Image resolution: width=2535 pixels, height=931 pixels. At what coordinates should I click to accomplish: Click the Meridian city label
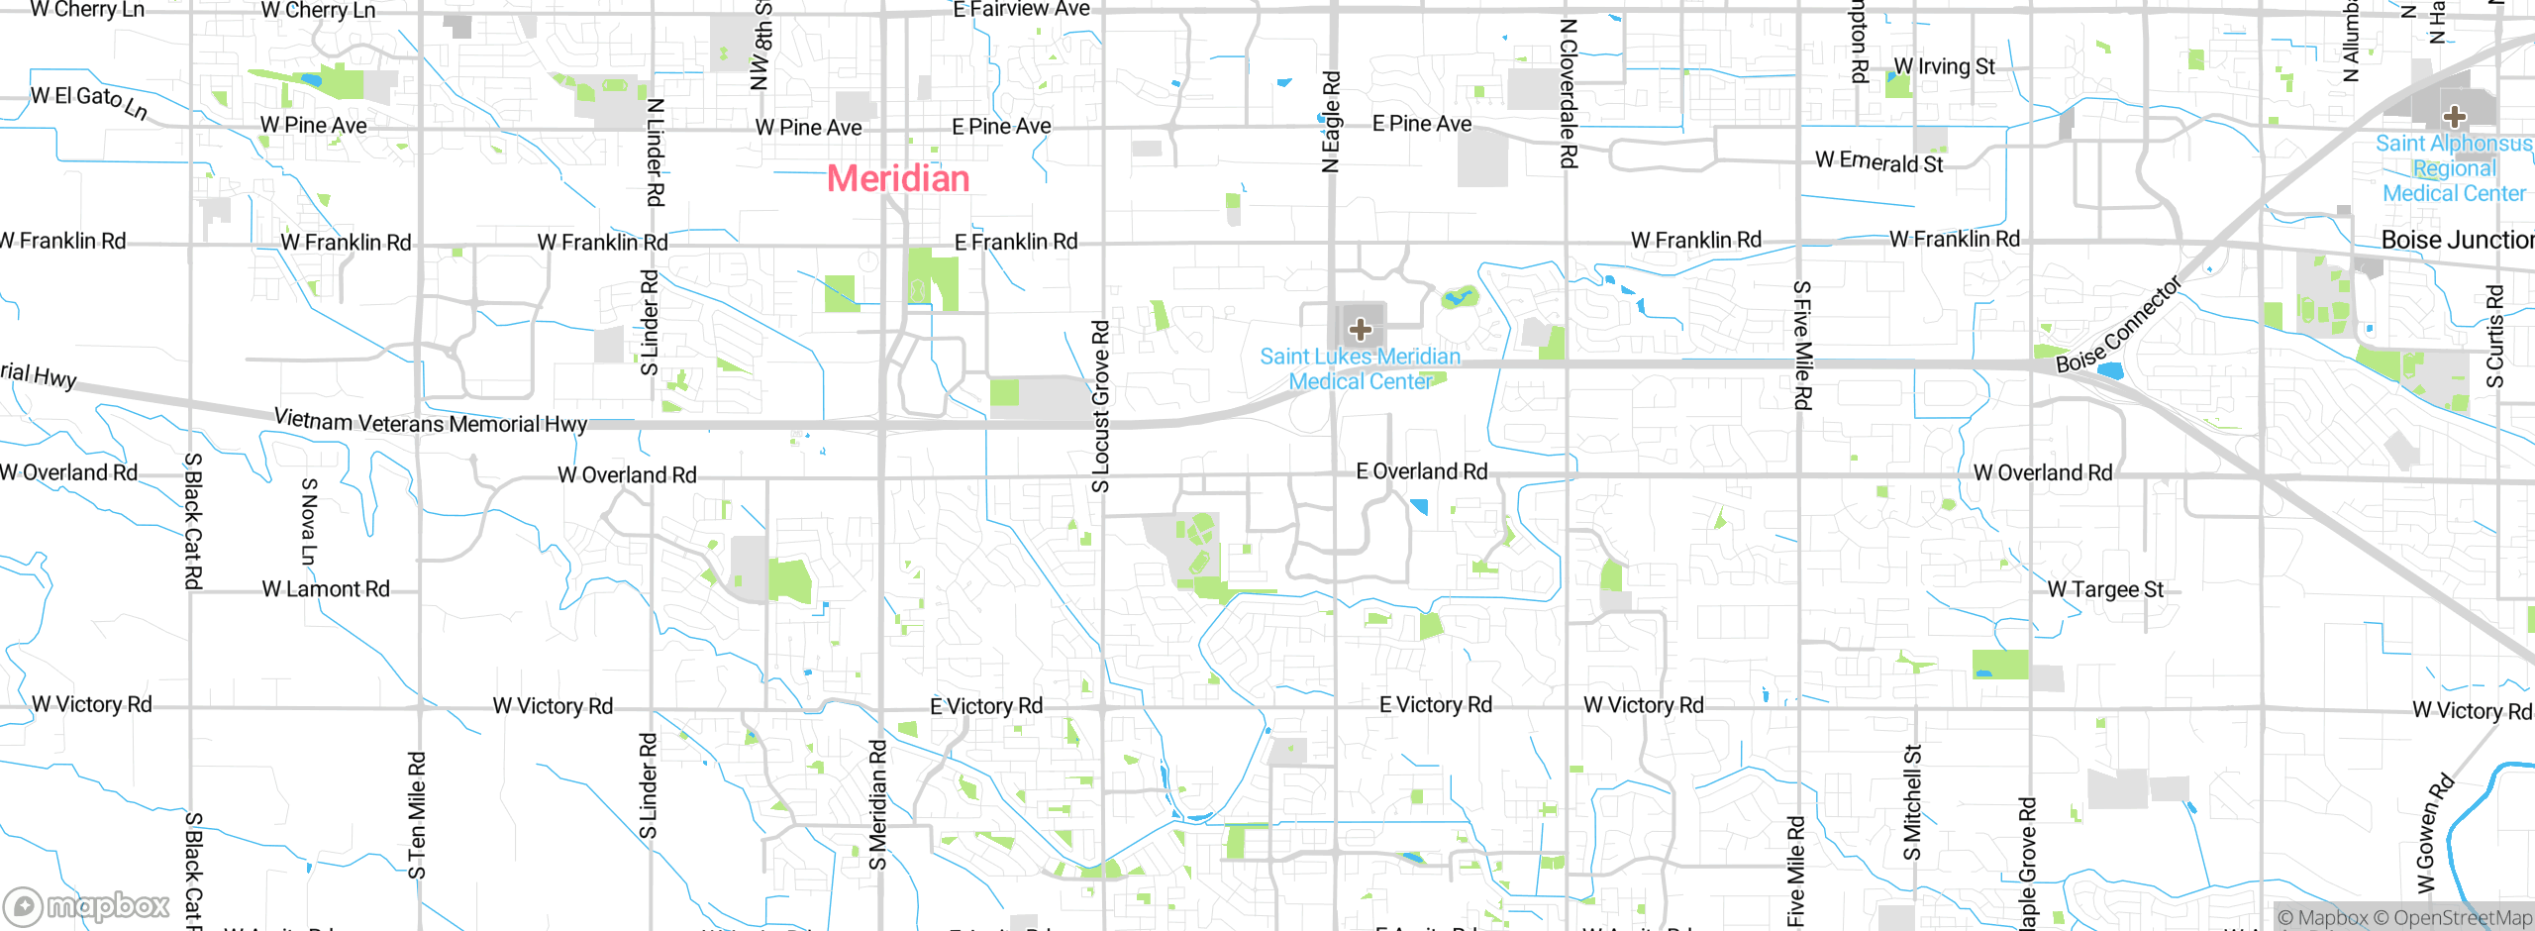pyautogui.click(x=898, y=178)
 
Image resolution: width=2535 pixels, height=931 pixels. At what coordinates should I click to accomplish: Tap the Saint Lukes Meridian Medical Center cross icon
pyautogui.click(x=1361, y=329)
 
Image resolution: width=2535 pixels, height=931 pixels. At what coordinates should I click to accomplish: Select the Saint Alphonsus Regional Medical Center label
pyautogui.click(x=2454, y=168)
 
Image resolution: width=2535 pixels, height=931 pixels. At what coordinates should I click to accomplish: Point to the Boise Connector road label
pyautogui.click(x=2118, y=325)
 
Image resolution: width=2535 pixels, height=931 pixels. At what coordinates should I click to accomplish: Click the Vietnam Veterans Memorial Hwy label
pyautogui.click(x=431, y=422)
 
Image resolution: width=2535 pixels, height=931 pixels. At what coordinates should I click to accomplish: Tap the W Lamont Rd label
pyautogui.click(x=326, y=589)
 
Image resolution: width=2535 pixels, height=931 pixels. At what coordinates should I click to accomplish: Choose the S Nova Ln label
pyautogui.click(x=309, y=522)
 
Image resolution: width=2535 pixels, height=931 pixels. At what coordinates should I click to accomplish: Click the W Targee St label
pyautogui.click(x=2105, y=589)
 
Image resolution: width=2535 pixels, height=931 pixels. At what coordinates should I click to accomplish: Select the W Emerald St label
pyautogui.click(x=1878, y=162)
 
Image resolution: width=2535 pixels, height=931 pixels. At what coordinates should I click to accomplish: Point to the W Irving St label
pyautogui.click(x=1944, y=66)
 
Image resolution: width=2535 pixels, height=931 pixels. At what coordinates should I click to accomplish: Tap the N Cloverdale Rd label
pyautogui.click(x=1568, y=93)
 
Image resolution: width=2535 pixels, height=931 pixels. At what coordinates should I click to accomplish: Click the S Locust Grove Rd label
pyautogui.click(x=1101, y=406)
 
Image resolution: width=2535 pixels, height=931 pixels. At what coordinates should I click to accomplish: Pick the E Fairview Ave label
pyautogui.click(x=1021, y=10)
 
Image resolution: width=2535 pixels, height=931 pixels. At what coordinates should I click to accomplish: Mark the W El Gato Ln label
pyautogui.click(x=89, y=100)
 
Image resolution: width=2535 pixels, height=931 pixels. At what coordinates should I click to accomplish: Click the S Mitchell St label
pyautogui.click(x=1912, y=802)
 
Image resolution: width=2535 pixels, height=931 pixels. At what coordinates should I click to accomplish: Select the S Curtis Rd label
pyautogui.click(x=2494, y=337)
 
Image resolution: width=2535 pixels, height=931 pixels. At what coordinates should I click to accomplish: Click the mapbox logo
pyautogui.click(x=87, y=905)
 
